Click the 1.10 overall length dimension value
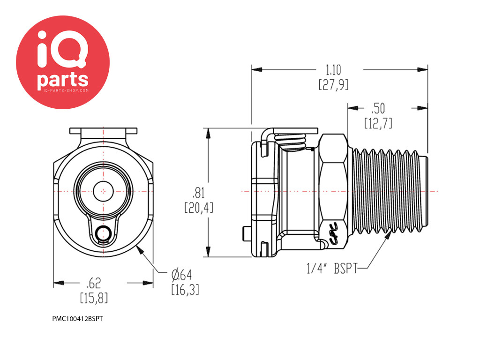coord(333,70)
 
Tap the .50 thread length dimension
coord(378,109)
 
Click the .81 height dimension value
coord(198,193)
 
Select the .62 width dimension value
coord(94,283)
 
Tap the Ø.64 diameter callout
coord(182,275)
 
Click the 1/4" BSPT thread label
coord(332,269)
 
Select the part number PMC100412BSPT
coord(77,319)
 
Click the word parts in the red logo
coord(63,80)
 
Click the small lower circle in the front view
coord(103,234)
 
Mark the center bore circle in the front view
coord(103,191)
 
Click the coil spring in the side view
coord(290,142)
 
